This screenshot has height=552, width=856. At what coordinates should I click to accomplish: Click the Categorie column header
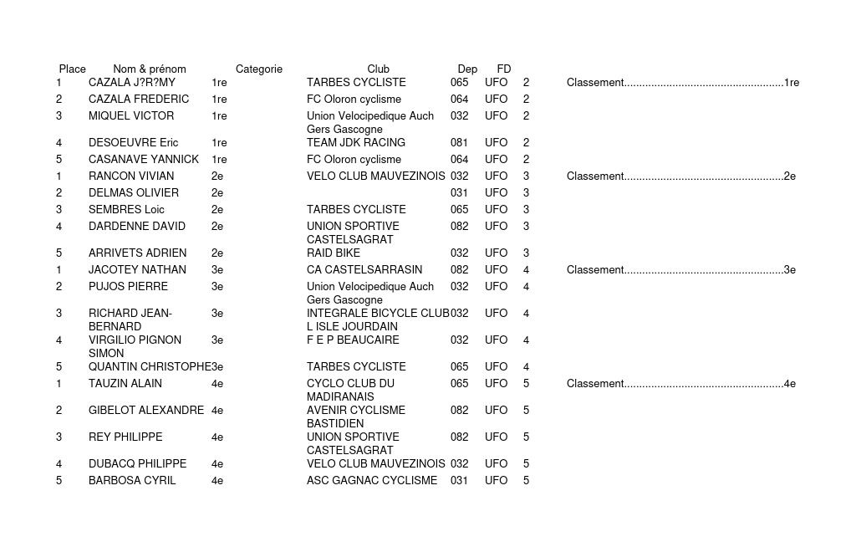coord(259,69)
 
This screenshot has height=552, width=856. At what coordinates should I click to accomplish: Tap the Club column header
coord(378,69)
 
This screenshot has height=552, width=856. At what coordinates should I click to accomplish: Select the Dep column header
coord(467,69)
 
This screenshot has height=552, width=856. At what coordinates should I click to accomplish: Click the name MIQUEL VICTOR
coord(131,115)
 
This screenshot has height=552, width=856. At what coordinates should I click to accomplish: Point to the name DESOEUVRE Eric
coord(133,142)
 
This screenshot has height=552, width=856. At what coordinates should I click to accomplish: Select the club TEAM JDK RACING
coord(356,142)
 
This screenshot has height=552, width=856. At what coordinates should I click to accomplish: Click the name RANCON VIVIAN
coord(131,176)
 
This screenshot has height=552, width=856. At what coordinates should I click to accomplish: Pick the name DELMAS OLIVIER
coord(134,192)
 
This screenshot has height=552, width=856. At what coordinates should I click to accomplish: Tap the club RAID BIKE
coord(334,253)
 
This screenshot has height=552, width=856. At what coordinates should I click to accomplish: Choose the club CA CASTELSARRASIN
coord(364,269)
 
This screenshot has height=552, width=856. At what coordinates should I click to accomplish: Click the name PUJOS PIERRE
coord(128,286)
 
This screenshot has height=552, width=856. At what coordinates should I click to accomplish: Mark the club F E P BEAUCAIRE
coord(353,340)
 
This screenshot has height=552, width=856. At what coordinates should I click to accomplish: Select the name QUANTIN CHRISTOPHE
coord(150,366)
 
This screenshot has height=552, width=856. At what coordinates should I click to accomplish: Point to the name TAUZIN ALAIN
coord(125,383)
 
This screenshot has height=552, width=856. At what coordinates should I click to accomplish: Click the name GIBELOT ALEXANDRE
coord(146,410)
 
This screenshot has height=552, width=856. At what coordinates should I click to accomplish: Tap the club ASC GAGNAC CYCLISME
coord(372,480)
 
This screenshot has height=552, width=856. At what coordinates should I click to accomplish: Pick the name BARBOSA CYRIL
coord(132,480)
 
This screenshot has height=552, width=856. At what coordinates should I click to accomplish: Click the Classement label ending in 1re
coord(682,82)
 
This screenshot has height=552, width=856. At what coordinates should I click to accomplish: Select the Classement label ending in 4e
coord(680,383)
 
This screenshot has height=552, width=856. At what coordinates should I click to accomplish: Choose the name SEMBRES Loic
coord(126,209)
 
